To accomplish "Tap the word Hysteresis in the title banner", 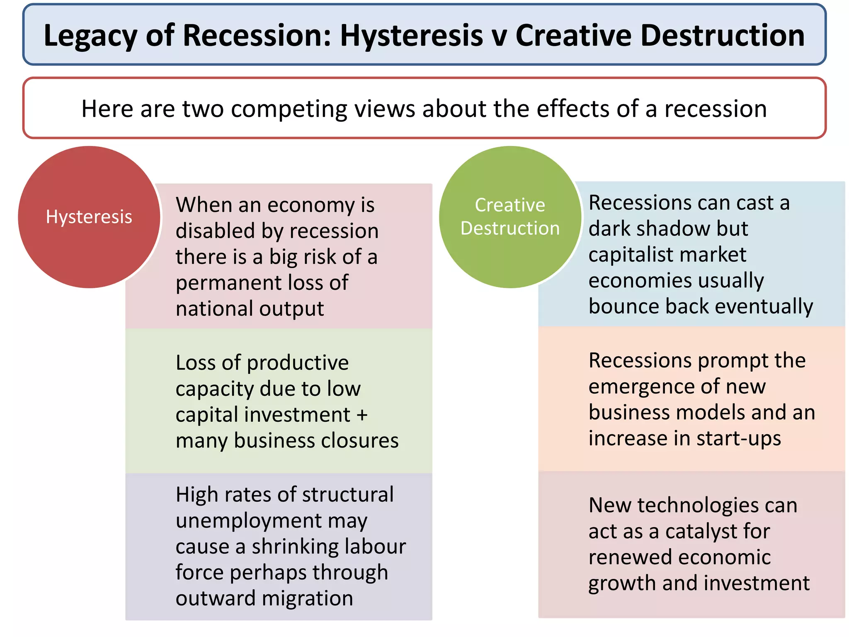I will pos(411,36).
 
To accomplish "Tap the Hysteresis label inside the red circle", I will pos(89,217).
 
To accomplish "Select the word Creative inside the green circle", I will pos(509,205).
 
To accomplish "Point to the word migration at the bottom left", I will pos(307,598).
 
